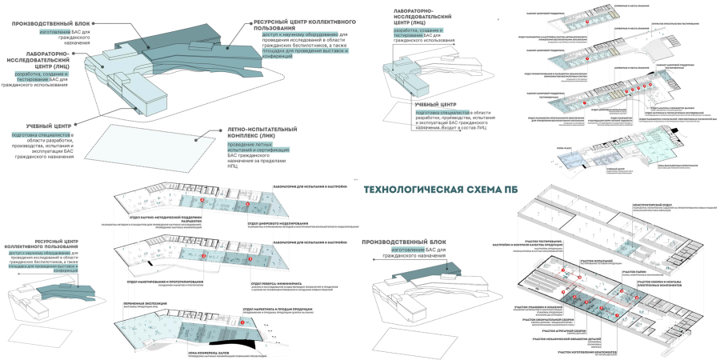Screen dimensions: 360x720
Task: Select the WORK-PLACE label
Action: coord(564,148)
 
